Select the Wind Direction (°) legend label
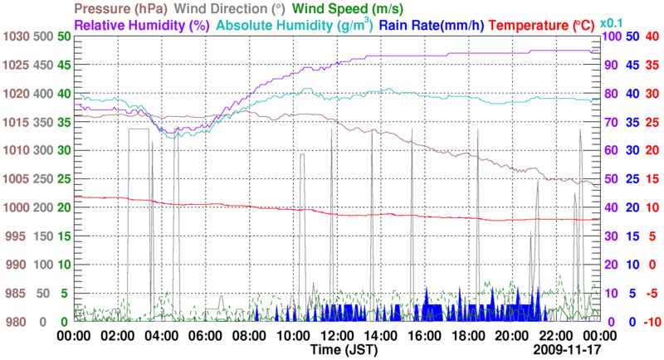236,9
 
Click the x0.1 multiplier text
611,22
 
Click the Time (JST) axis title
339,350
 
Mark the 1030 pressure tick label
17,37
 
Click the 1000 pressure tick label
17,207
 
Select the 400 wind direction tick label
45,94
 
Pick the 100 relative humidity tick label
609,37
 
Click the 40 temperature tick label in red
652,37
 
